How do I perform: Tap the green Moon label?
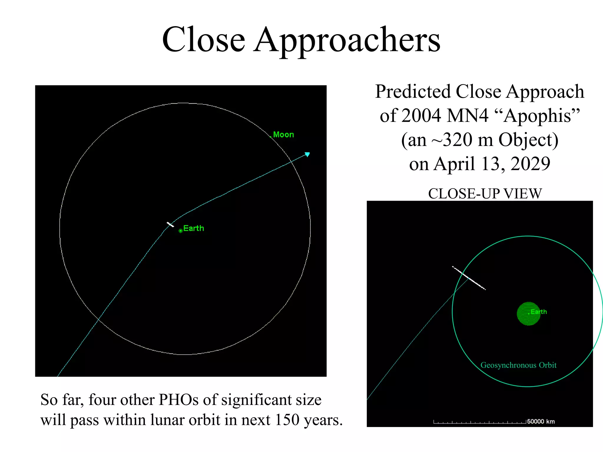tap(283, 135)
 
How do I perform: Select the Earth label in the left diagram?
tap(193, 228)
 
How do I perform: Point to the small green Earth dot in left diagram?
tap(180, 231)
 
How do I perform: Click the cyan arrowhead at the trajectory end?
tap(307, 154)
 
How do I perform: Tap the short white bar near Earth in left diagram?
tap(170, 225)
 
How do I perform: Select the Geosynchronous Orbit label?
tap(518, 365)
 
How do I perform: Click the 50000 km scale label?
tap(541, 421)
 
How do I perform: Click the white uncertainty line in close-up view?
tap(469, 278)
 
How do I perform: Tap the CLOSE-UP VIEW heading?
tap(485, 194)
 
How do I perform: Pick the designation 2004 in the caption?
tap(421, 115)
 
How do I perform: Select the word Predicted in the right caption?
tap(413, 92)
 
